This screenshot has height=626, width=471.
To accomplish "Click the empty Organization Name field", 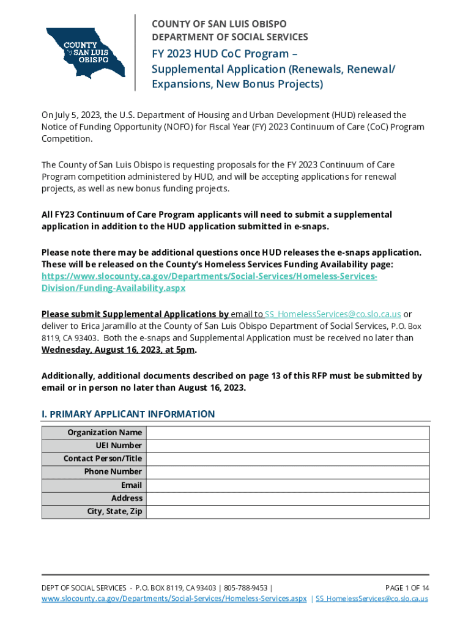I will (287, 433).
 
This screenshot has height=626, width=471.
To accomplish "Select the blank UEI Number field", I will (287, 446).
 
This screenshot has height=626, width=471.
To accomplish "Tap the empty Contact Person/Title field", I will (287, 458).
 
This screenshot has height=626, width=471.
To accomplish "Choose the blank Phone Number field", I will (287, 472).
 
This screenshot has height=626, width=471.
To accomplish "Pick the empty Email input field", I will (287, 485).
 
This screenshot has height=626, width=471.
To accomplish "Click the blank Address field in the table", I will (287, 498).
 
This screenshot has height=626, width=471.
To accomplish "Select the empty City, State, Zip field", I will (287, 511).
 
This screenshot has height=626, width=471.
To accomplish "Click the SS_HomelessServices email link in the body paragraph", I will (333, 314).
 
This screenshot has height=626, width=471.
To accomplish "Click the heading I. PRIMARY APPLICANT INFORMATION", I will (128, 414).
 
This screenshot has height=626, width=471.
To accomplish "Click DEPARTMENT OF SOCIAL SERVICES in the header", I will (229, 37).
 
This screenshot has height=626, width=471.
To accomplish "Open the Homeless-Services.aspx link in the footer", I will (174, 598).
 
